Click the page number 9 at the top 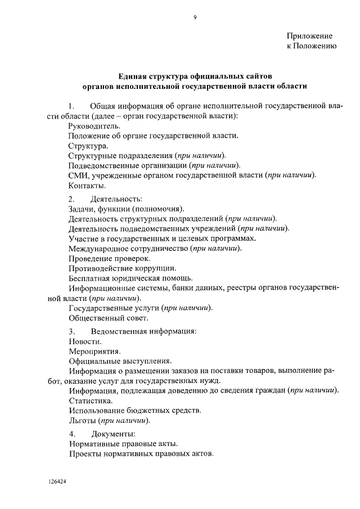pos(194,17)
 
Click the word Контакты pos(87,185)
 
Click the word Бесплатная pos(91,278)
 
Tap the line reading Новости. pos(85,341)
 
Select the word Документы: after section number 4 pos(114,434)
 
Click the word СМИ pos(78,175)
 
